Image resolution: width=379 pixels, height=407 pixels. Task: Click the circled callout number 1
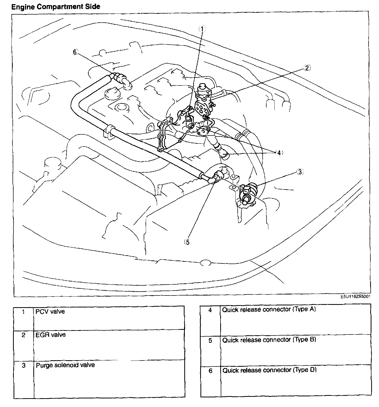click(202, 29)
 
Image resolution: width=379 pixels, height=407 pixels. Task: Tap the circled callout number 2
click(307, 68)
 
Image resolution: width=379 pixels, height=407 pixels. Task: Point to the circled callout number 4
click(279, 153)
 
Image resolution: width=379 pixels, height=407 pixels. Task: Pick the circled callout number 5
click(187, 242)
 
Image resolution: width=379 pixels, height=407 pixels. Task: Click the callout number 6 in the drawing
click(75, 52)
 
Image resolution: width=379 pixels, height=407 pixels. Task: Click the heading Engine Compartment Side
click(56, 7)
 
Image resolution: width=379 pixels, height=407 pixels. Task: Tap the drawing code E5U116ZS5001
click(356, 297)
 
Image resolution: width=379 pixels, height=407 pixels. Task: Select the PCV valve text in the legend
click(50, 311)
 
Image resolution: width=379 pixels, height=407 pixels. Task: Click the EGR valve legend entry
click(50, 335)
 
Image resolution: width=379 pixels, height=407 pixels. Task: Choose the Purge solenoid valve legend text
click(65, 365)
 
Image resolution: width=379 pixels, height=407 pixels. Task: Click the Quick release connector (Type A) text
click(269, 309)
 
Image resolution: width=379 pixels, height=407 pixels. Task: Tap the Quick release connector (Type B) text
click(269, 340)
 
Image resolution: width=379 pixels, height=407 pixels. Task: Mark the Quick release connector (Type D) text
click(269, 370)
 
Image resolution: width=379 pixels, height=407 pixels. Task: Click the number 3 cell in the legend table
click(24, 365)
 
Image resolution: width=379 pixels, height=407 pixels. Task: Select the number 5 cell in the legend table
click(210, 340)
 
